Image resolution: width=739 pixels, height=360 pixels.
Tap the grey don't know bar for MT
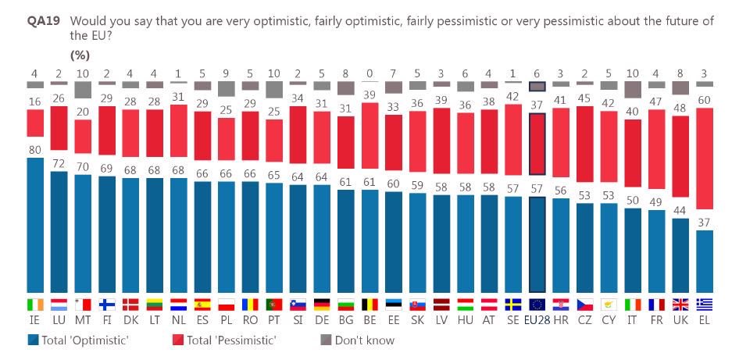click(83, 89)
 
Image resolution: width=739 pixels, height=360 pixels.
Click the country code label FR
click(658, 319)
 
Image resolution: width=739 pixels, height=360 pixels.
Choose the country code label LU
click(59, 319)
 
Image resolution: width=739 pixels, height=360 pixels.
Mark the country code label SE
click(513, 319)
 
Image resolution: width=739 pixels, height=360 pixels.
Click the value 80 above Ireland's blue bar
click(34, 150)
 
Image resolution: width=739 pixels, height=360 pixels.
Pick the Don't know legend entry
click(364, 340)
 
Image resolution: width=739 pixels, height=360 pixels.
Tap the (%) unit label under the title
click(80, 55)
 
